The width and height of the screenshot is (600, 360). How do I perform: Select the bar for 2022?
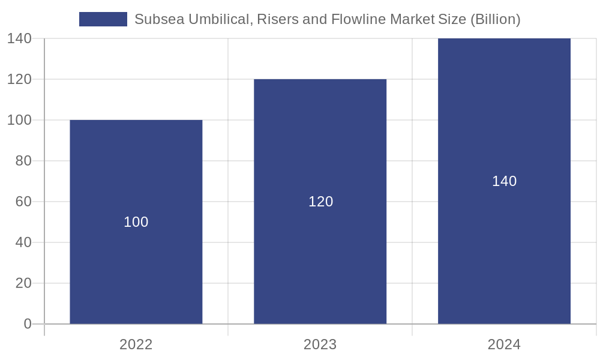point(136,264)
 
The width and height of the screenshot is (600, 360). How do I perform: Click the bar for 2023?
point(320,252)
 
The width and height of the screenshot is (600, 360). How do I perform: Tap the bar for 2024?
point(504,240)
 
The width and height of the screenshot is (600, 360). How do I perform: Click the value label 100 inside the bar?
point(136,222)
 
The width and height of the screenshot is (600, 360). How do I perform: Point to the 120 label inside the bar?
point(320,202)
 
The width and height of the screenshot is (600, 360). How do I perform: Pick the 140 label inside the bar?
point(504,181)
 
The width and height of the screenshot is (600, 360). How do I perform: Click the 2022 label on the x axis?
point(136,344)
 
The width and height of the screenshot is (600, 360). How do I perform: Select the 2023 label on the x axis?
point(320,344)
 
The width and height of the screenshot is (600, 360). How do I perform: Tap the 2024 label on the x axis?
point(504,344)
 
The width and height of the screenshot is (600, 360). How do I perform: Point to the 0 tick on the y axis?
point(27,324)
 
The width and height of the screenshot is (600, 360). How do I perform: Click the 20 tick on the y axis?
point(23,283)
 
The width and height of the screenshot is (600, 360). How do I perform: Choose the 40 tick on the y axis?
point(23,242)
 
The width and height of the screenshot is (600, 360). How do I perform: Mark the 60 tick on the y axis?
point(23,202)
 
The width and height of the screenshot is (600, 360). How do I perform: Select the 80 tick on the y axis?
point(23,161)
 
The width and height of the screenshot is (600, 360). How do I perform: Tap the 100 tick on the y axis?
point(19,120)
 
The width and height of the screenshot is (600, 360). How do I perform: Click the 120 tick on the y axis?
point(19,79)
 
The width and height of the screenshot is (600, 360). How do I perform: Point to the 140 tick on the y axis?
point(19,38)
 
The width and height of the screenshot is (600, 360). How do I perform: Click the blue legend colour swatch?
point(103,19)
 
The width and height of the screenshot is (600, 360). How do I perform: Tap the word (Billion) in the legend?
point(495,19)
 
